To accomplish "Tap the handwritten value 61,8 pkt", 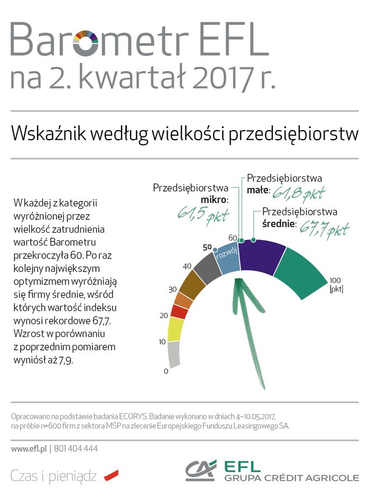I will coord(299,193).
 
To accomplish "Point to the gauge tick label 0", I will coord(166,371).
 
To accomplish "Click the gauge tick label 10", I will coord(163,341).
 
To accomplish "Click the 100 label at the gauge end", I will coord(335,280).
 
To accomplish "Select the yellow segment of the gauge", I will coord(175,329).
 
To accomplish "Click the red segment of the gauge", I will coord(179,312).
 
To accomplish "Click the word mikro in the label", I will coord(214,200).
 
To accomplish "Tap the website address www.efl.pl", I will coord(28,449).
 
